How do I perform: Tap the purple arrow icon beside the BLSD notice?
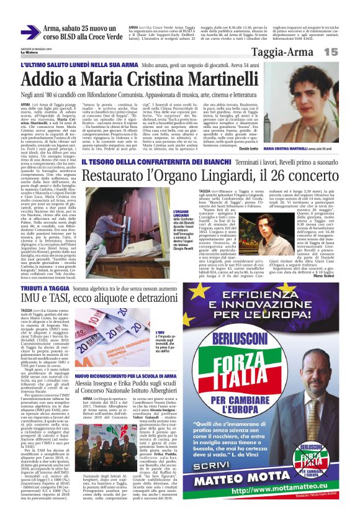[30, 33]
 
